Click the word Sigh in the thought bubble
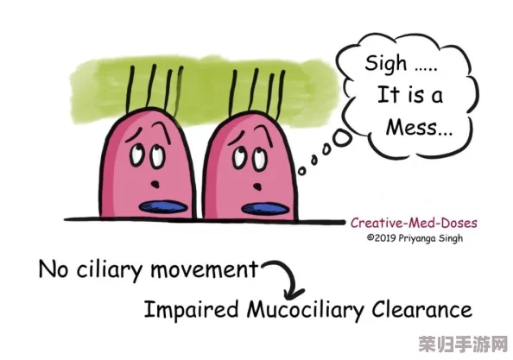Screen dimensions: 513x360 point(386,63)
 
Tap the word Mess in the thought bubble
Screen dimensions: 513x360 point(412,127)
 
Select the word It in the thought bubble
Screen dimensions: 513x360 point(389,94)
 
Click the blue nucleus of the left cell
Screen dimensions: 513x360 point(163,207)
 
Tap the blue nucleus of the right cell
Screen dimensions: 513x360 point(265,209)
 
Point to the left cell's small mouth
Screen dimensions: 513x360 point(155,184)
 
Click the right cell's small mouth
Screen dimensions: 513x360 point(258,186)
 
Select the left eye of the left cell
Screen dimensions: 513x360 point(136,155)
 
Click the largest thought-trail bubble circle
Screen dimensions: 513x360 point(341,138)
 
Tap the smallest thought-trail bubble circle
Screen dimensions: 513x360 point(301,171)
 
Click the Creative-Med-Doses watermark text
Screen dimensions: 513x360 point(414,223)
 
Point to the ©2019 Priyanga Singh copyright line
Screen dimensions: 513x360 point(415,237)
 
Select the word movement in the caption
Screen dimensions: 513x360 point(204,270)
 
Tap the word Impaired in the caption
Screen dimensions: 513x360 point(192,309)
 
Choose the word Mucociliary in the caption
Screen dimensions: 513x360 point(306,310)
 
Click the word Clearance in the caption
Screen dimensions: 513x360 point(421,309)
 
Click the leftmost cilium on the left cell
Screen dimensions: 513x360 point(130,89)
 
